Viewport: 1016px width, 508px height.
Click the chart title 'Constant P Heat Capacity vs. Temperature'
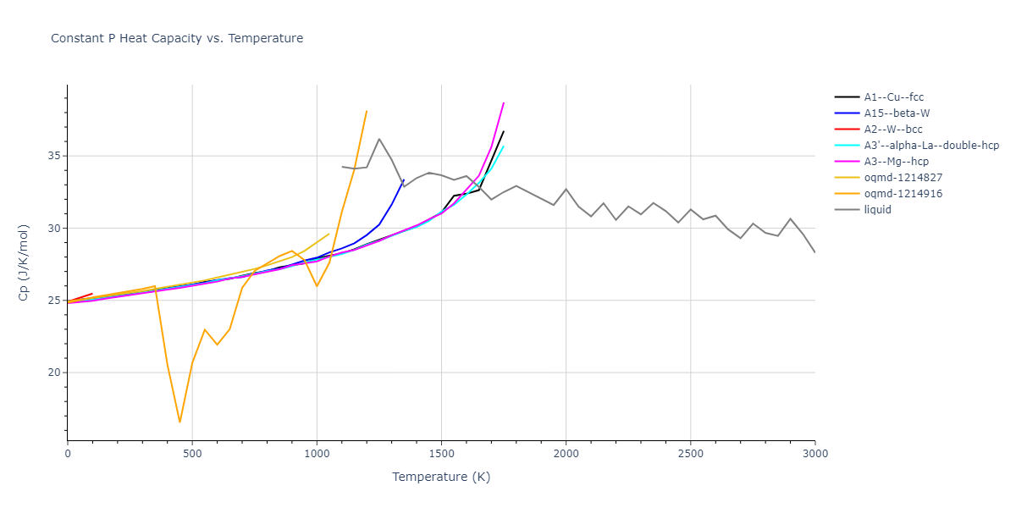(x=177, y=38)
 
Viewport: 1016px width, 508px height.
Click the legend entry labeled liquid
(x=877, y=210)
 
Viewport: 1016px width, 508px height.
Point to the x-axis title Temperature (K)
(x=441, y=477)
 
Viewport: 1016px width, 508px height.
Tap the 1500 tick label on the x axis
(x=441, y=455)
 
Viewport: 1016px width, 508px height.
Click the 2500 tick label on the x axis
(x=690, y=455)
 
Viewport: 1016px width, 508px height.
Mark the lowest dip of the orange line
(x=179, y=422)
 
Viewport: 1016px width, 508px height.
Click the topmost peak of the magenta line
(x=504, y=102)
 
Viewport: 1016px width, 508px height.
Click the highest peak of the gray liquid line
(x=378, y=139)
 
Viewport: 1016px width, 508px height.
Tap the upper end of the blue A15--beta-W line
(x=404, y=179)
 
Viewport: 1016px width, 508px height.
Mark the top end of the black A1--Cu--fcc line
(x=504, y=131)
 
